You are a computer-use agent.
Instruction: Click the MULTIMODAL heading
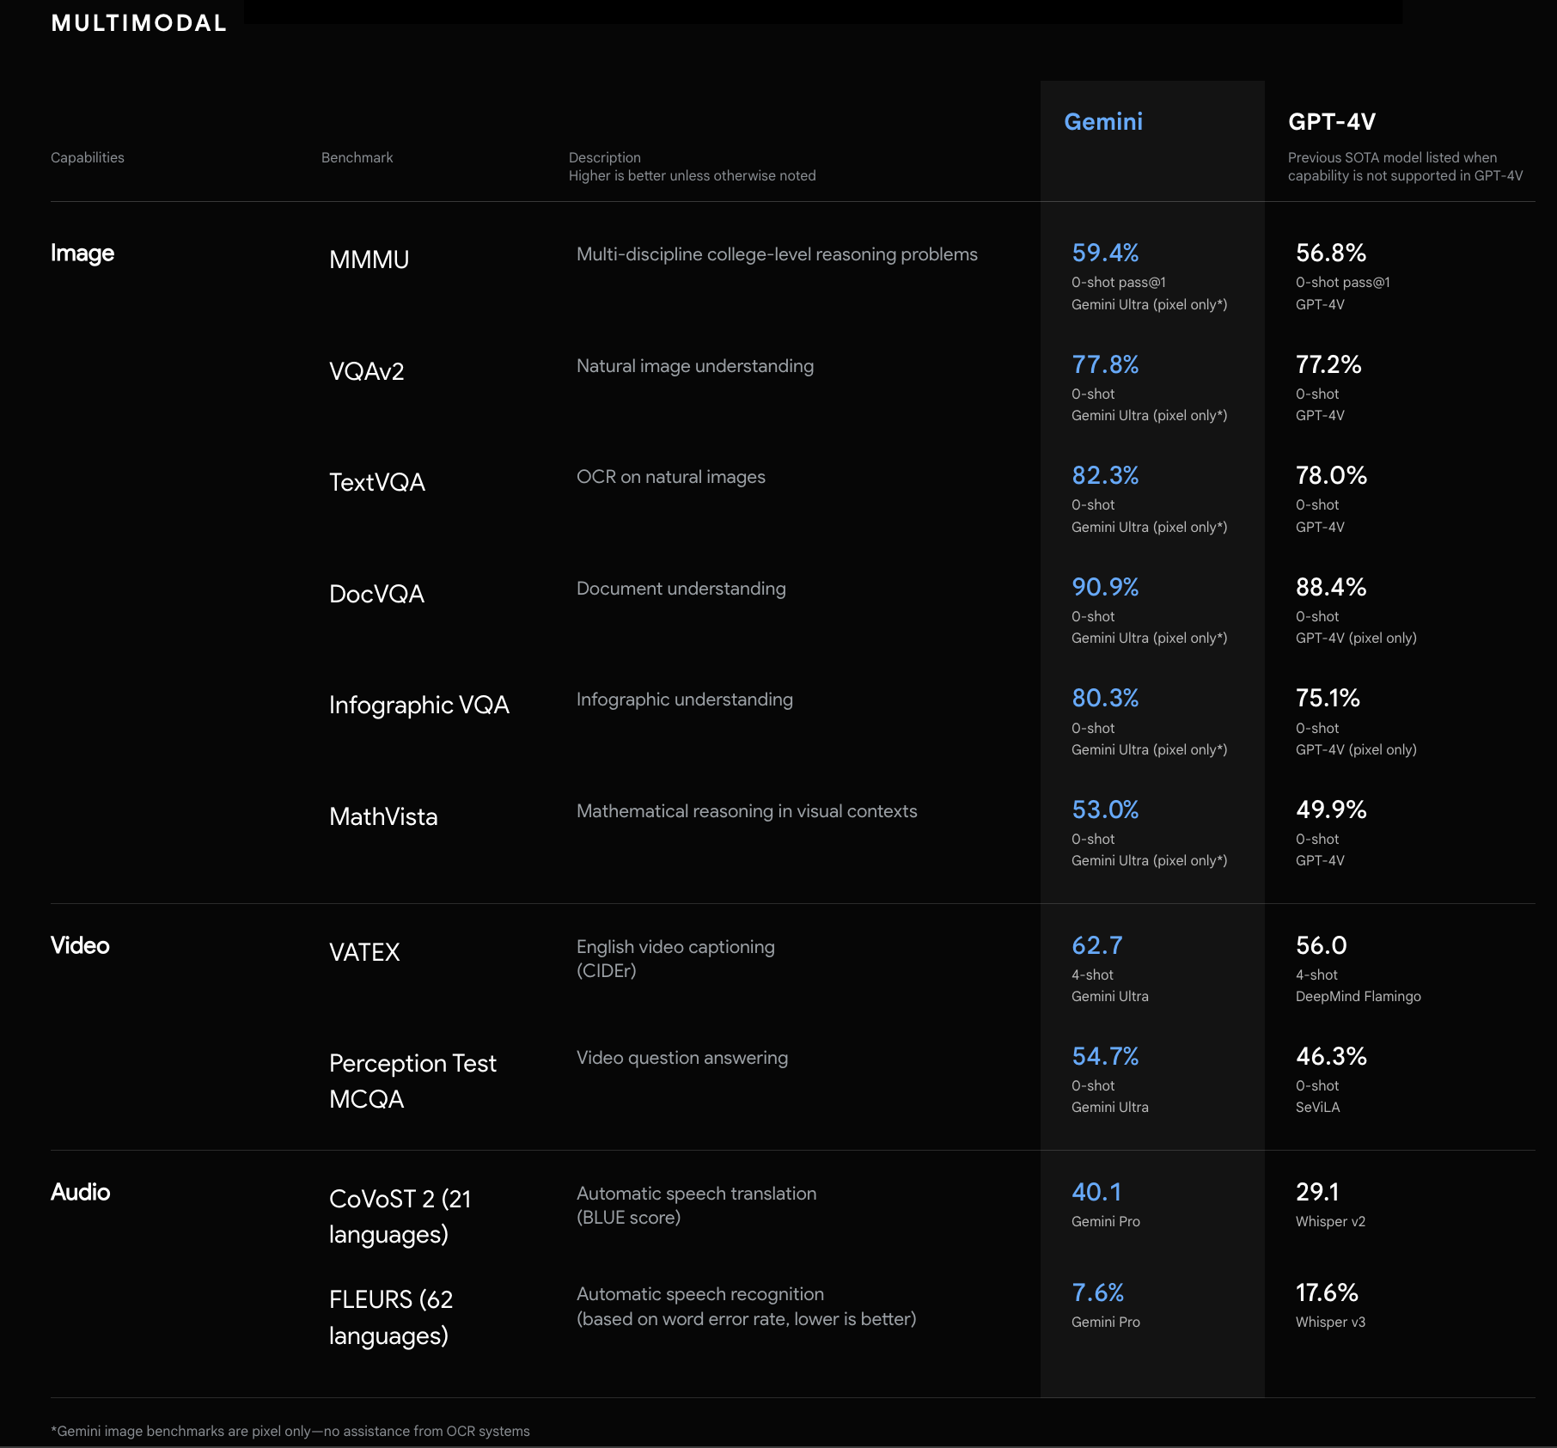[139, 23]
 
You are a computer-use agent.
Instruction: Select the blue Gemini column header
[1102, 122]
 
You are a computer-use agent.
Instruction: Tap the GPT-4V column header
[1331, 122]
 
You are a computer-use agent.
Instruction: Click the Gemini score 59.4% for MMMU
[1104, 253]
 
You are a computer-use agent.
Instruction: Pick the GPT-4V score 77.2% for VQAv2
[1328, 364]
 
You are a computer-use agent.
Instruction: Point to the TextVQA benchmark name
[376, 482]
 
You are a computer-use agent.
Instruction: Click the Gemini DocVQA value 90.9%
[1104, 587]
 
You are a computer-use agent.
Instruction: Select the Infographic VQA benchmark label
[418, 705]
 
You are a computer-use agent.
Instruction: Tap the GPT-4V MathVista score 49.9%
[1330, 810]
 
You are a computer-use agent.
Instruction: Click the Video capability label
[80, 945]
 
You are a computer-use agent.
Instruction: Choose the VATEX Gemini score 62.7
[1096, 945]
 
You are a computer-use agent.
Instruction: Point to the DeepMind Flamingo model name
[1358, 996]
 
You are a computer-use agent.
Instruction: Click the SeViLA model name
[1317, 1107]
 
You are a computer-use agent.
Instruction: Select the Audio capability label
[80, 1192]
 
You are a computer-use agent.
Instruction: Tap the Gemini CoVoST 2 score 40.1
[1096, 1192]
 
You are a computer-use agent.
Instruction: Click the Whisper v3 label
[1329, 1322]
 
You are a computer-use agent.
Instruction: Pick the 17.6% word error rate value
[1327, 1292]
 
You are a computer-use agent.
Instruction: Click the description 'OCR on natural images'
[670, 477]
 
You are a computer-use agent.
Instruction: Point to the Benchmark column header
[357, 157]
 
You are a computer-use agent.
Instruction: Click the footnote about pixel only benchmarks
[290, 1431]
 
